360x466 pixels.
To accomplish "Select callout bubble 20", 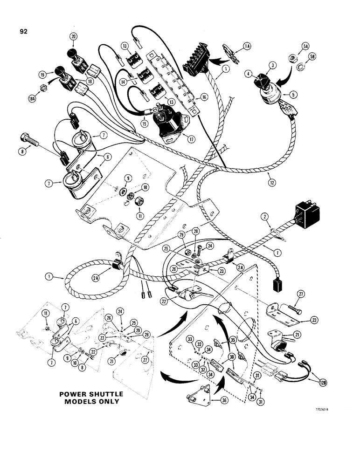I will pos(74,36).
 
